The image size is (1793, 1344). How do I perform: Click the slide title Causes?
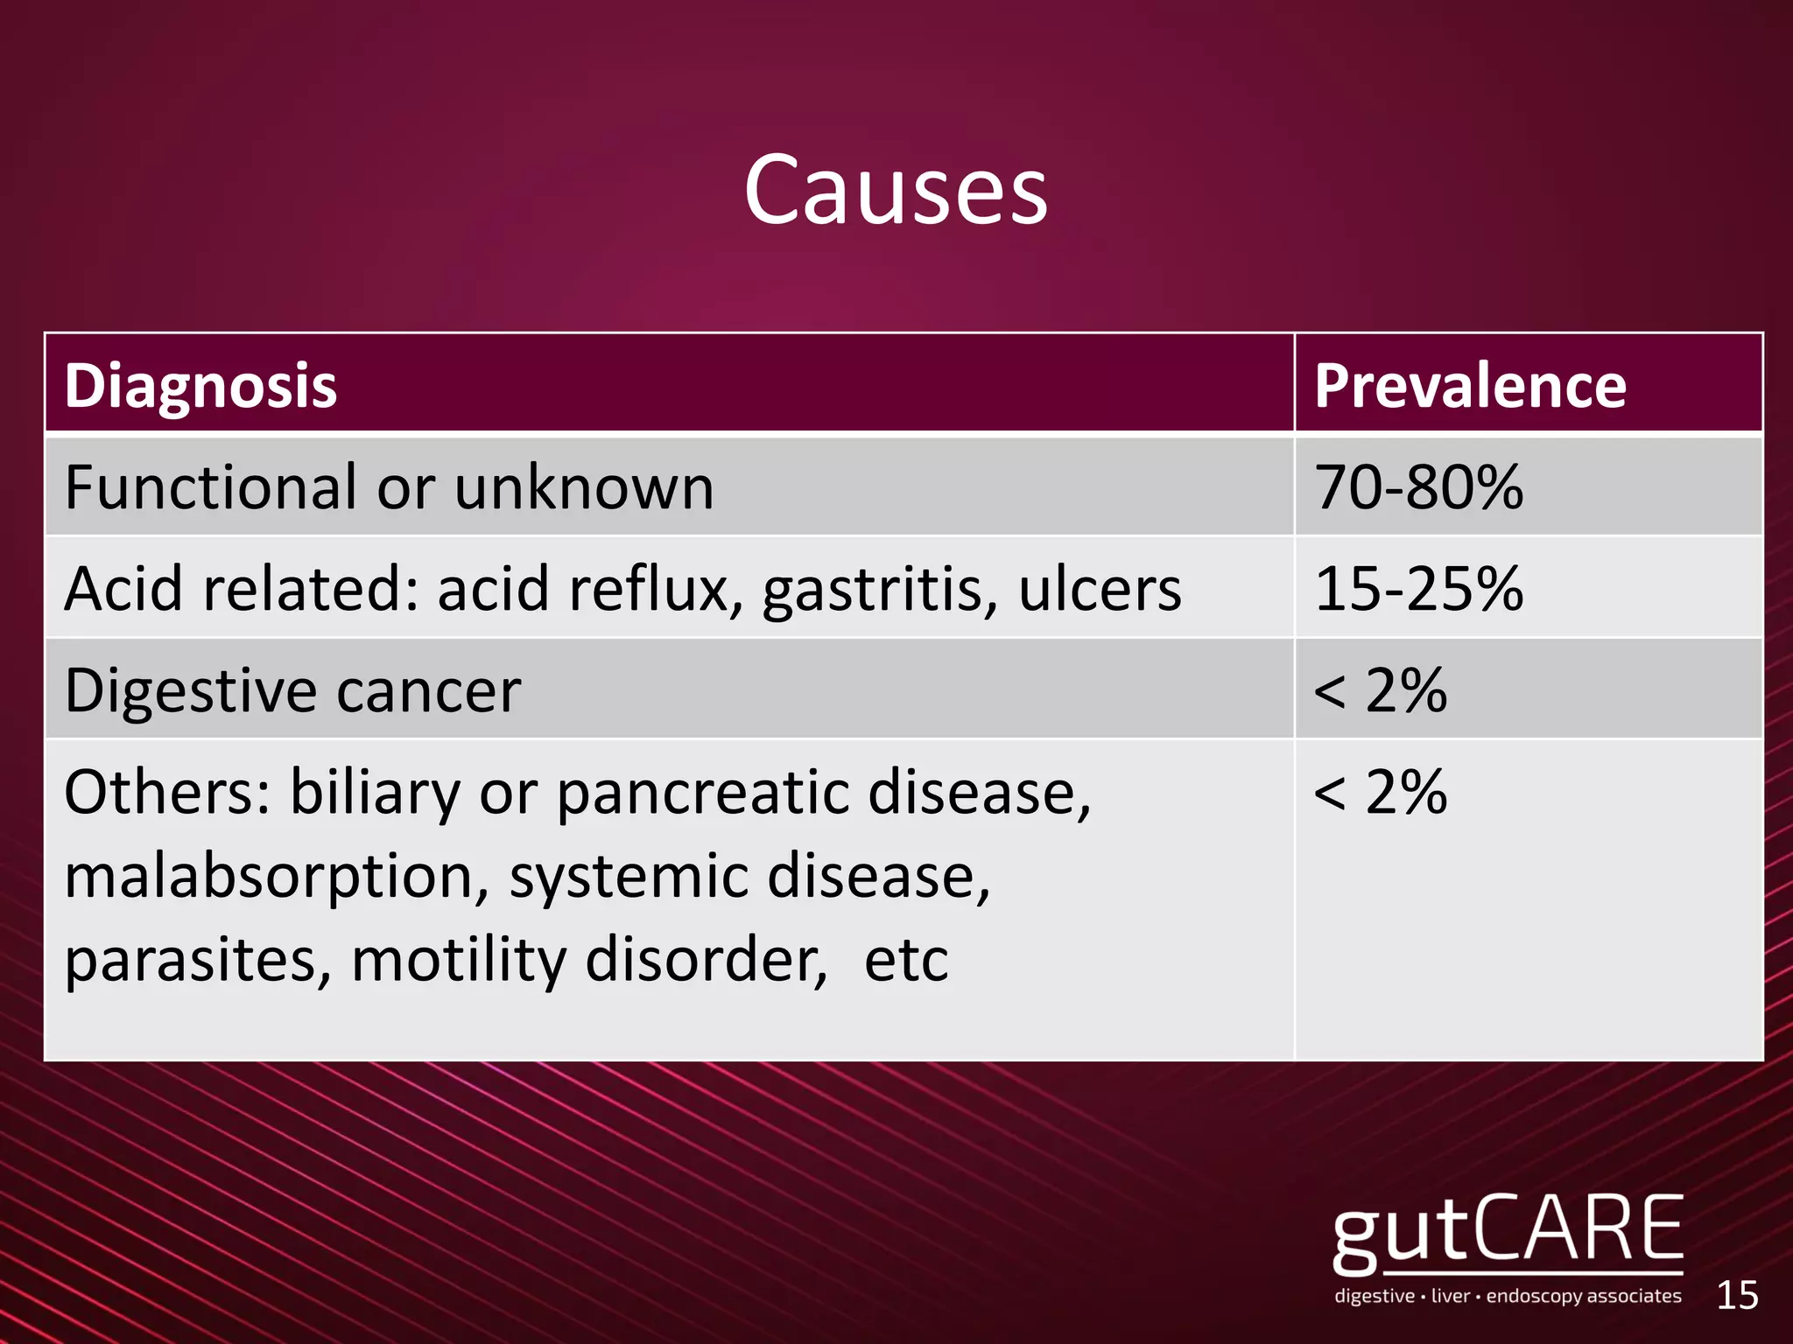896,190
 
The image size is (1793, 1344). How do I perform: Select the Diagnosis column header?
200,385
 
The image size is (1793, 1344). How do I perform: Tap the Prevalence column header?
1470,385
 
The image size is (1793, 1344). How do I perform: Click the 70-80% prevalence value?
1418,487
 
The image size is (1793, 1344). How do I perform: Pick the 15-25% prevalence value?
1418,589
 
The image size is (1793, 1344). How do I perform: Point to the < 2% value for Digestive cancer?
1381,691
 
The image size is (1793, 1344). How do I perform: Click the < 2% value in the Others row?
1381,793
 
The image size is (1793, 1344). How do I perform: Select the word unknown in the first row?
584,487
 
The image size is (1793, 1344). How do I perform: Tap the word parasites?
198,961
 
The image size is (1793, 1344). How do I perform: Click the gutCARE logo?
1508,1233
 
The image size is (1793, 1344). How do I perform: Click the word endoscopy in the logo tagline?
1532,1297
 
